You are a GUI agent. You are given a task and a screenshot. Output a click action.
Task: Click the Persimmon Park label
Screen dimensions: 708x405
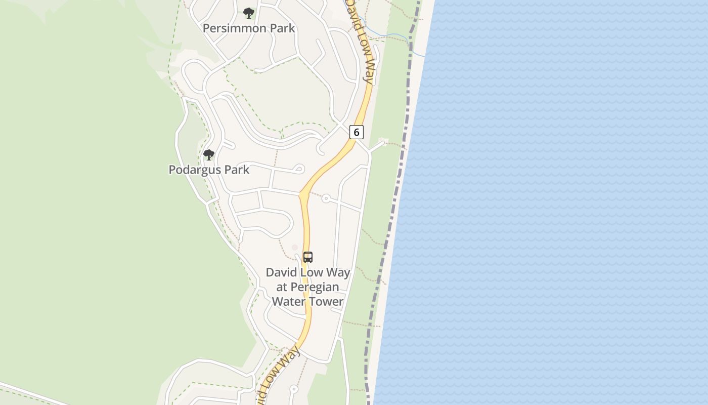(249, 28)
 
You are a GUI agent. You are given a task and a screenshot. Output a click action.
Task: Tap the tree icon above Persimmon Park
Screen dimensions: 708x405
(248, 13)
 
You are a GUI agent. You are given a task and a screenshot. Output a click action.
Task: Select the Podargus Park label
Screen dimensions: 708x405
(209, 170)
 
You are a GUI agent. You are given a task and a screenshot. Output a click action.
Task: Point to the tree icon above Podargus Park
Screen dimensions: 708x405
(208, 155)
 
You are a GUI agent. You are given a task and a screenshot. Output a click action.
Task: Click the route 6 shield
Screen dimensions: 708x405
(357, 133)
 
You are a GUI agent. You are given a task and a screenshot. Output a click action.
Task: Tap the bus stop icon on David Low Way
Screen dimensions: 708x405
(308, 257)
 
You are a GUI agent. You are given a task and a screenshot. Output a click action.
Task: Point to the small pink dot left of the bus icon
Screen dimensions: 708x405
(295, 248)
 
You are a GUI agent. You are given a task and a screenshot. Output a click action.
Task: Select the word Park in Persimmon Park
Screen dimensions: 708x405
(282, 28)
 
